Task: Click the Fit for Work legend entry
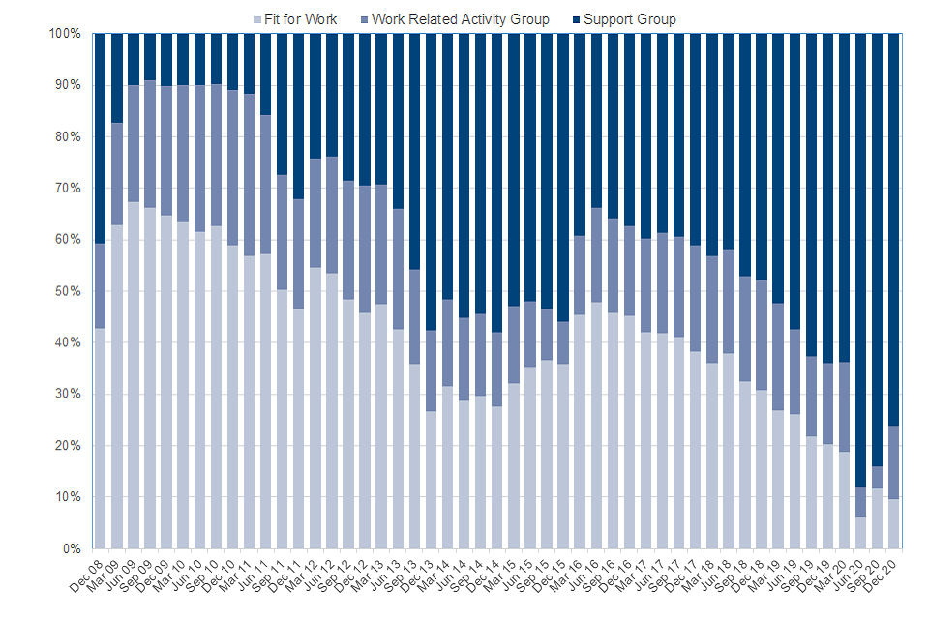point(299,19)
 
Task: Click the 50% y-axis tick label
point(67,291)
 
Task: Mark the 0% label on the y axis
point(71,548)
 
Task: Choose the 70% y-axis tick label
point(67,189)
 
